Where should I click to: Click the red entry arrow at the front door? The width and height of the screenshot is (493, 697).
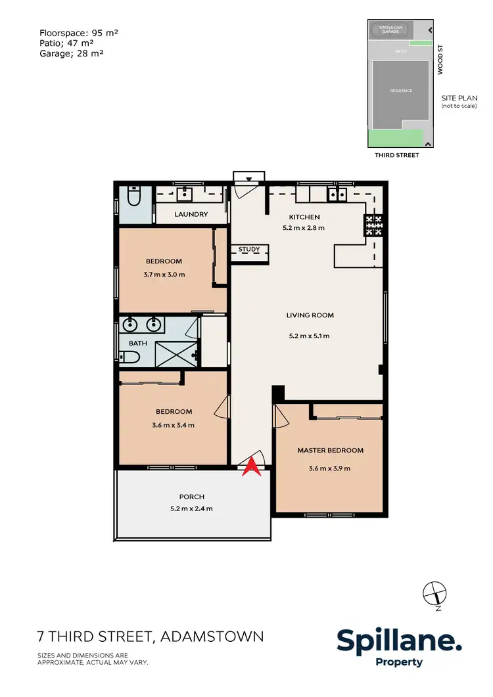pyautogui.click(x=250, y=467)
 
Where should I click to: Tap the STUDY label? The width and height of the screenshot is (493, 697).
pyautogui.click(x=249, y=250)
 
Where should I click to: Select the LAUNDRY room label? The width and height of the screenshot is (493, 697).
pyautogui.click(x=191, y=214)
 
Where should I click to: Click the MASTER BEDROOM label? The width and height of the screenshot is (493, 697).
pyautogui.click(x=330, y=451)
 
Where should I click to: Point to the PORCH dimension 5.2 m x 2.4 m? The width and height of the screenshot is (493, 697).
pyautogui.click(x=191, y=508)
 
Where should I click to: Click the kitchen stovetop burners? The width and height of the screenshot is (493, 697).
pyautogui.click(x=373, y=226)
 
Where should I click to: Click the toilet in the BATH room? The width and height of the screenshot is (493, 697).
pyautogui.click(x=129, y=357)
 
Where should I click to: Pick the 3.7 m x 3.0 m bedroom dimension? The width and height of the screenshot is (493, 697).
pyautogui.click(x=164, y=275)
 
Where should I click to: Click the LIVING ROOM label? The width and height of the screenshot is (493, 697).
pyautogui.click(x=310, y=315)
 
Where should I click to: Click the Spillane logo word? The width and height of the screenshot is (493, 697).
pyautogui.click(x=399, y=641)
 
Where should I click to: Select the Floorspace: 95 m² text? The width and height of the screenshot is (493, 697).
pyautogui.click(x=78, y=32)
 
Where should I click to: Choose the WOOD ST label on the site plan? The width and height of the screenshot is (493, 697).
pyautogui.click(x=441, y=60)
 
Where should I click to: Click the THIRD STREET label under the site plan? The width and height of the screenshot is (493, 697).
pyautogui.click(x=396, y=156)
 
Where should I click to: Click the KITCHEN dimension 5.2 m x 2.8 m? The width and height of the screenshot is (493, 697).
pyautogui.click(x=303, y=229)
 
